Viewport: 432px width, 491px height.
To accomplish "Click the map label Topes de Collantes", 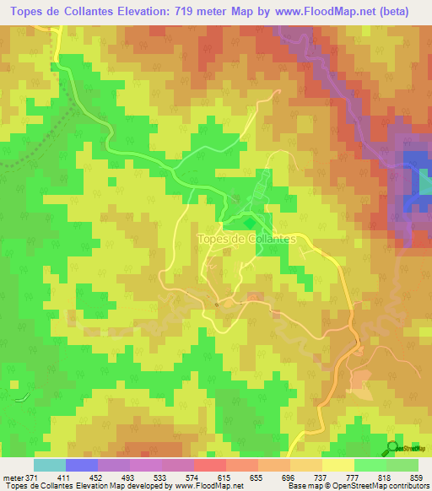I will point(246,239).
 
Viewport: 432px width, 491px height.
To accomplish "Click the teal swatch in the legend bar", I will point(50,465).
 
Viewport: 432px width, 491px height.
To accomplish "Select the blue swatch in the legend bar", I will point(82,465).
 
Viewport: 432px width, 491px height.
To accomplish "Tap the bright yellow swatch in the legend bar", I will point(337,465).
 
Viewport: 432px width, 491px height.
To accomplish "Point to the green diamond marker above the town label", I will point(249,222).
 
